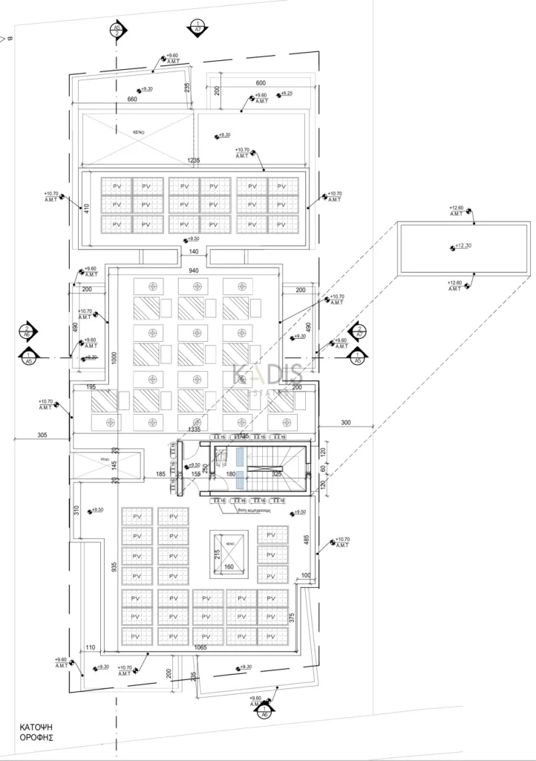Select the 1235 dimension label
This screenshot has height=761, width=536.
coord(195,161)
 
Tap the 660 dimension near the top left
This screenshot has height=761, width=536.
coord(132,100)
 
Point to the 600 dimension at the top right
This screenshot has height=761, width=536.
coord(261,83)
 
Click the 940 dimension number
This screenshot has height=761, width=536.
coord(194,271)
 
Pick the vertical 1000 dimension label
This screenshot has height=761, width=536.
coord(114,357)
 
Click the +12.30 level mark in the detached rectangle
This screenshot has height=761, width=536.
coord(463,246)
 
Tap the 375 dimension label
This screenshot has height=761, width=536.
coord(292,615)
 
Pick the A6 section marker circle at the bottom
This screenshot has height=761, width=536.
coord(264,713)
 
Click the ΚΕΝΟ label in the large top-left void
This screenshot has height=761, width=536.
coord(137,132)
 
